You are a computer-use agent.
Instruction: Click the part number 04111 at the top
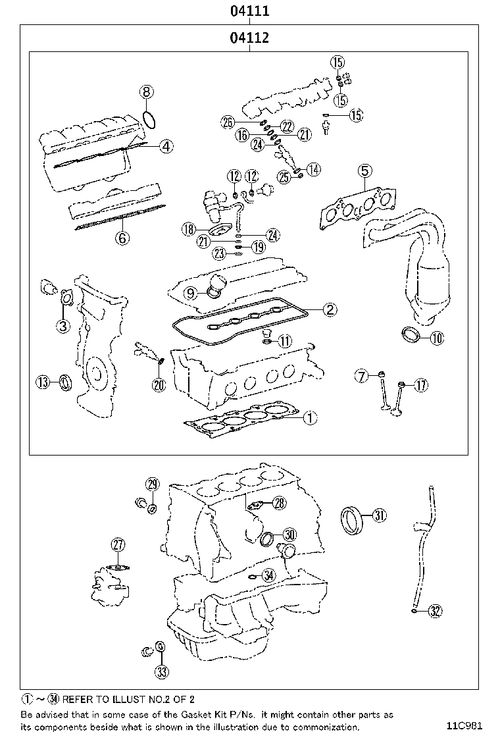[249, 11]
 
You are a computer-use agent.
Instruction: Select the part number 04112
[249, 38]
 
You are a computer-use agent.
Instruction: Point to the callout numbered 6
[122, 238]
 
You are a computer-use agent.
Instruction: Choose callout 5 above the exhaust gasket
[364, 172]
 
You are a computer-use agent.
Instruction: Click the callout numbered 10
[437, 338]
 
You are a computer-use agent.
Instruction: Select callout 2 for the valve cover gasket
[329, 309]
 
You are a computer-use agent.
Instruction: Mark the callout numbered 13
[43, 382]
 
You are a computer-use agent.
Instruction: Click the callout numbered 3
[63, 325]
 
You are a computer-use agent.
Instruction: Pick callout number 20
[158, 386]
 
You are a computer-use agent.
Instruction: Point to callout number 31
[379, 515]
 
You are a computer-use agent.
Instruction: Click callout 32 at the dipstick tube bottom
[434, 612]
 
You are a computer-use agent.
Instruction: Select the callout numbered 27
[118, 544]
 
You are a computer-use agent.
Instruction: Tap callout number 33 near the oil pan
[161, 671]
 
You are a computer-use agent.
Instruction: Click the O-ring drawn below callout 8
[149, 119]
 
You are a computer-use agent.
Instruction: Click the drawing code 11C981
[468, 726]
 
